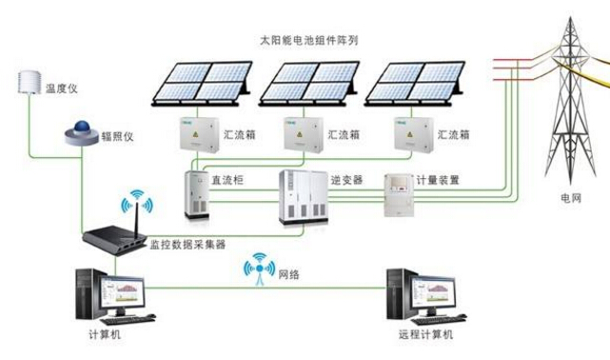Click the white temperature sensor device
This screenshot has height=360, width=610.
(27, 81)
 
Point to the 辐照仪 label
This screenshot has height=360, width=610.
(118, 136)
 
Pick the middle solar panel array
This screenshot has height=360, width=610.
(311, 84)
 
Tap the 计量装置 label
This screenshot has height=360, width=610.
(438, 179)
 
